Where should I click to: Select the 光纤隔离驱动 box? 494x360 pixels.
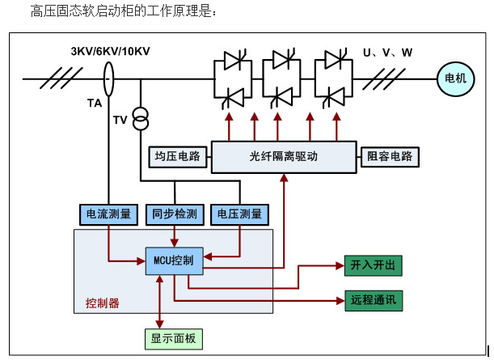pos(284,155)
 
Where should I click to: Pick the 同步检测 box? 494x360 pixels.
pos(174,214)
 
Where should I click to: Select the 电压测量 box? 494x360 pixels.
pos(240,214)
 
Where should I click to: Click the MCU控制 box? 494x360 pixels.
pos(175,260)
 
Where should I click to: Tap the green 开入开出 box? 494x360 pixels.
pos(373,265)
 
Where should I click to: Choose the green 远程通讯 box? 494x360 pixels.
pos(373,300)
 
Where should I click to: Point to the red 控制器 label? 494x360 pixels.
pos(102,303)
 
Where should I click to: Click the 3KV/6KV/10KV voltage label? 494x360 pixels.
pos(110,52)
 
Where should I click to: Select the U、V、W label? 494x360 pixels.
pos(387,53)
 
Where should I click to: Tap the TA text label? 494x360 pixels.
pos(95,104)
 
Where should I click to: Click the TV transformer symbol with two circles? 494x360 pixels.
pos(141,117)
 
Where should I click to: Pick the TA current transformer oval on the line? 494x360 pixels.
pos(108,79)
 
